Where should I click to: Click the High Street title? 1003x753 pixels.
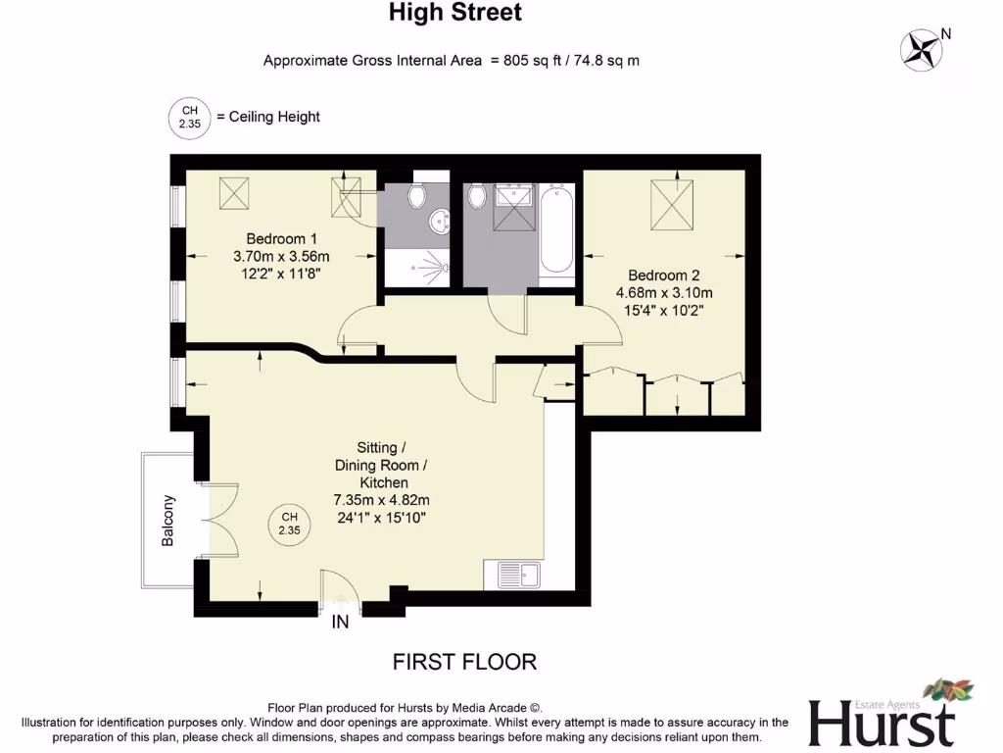point(455,13)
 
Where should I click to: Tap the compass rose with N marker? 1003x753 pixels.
point(921,51)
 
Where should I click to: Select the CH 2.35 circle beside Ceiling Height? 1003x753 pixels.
point(190,117)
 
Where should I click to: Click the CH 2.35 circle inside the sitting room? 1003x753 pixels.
point(289,523)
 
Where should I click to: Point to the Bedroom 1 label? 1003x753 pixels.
point(281,238)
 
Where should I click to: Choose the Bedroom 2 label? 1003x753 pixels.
point(664,276)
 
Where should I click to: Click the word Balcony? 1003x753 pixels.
point(169,520)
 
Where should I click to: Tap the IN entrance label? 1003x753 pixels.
point(340,622)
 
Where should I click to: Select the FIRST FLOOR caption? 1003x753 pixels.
point(464,662)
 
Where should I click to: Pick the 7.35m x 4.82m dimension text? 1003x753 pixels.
point(381,500)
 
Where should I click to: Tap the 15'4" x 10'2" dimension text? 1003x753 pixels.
point(664,310)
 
